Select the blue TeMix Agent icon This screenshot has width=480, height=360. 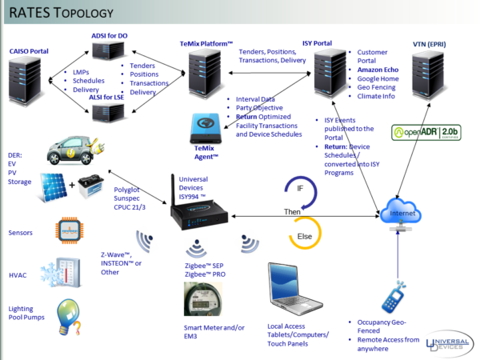[x=209, y=127]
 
